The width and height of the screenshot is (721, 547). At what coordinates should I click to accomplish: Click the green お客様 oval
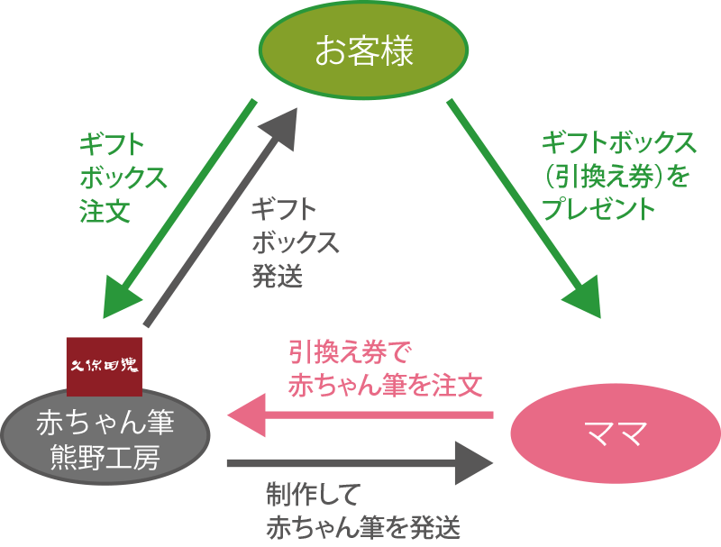coord(363,50)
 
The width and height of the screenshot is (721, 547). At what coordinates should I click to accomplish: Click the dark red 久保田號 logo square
coord(105,366)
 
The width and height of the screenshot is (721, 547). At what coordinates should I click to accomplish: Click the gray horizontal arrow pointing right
coord(360,463)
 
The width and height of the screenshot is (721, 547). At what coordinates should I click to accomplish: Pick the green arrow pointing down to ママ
coord(524,207)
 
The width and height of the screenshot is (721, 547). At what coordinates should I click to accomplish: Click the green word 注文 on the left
coord(105,211)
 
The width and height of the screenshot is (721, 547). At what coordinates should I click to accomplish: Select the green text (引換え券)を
coord(616,176)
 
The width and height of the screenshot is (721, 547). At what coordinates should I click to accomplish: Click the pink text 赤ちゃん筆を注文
coord(385,386)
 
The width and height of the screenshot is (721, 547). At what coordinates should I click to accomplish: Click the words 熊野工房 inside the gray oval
coord(105,458)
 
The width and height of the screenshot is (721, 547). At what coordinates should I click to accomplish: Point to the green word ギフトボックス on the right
coord(618,142)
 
